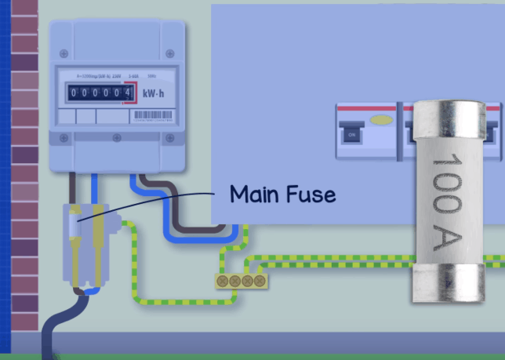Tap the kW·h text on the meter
[x=152, y=93]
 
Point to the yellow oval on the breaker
[x=381, y=120]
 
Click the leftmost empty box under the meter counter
[x=66, y=116]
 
